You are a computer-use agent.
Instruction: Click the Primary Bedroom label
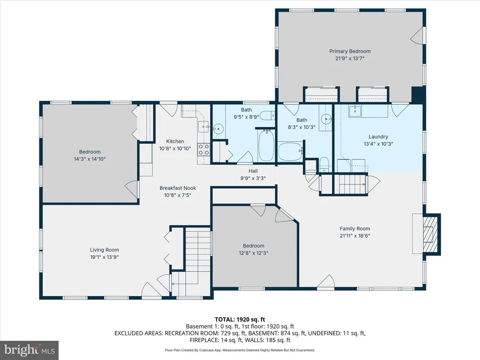pyautogui.click(x=350, y=51)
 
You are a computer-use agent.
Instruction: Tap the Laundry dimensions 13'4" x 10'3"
pyautogui.click(x=378, y=144)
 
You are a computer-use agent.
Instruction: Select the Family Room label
pyautogui.click(x=355, y=228)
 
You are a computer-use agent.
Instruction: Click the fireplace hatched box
pyautogui.click(x=430, y=234)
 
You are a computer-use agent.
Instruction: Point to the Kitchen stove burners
pyautogui.click(x=203, y=150)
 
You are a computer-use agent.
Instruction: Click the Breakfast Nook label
pyautogui.click(x=178, y=188)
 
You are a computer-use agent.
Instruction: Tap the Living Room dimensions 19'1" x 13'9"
pyautogui.click(x=105, y=257)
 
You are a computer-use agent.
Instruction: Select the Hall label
pyautogui.click(x=253, y=171)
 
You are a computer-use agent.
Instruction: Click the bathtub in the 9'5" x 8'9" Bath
pyautogui.click(x=266, y=145)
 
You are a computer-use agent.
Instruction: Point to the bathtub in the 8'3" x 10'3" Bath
pyautogui.click(x=290, y=151)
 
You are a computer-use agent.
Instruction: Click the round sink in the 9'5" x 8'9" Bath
pyautogui.click(x=218, y=128)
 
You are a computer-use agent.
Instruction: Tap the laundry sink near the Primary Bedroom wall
pyautogui.click(x=355, y=111)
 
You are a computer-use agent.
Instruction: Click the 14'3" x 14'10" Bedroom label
pyautogui.click(x=90, y=151)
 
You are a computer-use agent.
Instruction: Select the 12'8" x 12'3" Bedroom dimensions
pyautogui.click(x=254, y=253)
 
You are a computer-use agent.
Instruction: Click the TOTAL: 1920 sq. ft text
pyautogui.click(x=240, y=320)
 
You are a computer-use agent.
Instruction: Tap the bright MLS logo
pyautogui.click(x=30, y=350)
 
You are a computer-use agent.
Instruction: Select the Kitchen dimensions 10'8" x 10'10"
pyautogui.click(x=175, y=149)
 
